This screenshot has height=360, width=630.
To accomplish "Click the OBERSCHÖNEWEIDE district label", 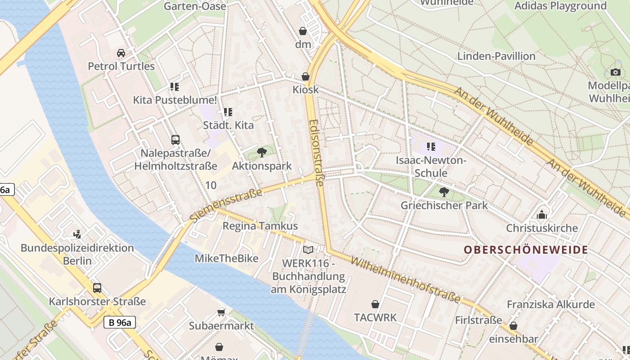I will tap(526, 250).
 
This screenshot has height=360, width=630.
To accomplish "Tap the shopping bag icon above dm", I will tap(303, 31).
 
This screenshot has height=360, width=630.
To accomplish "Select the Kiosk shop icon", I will tap(306, 76).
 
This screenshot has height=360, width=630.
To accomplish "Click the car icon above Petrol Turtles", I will tap(121, 53).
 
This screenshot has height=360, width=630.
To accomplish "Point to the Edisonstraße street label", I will tap(316, 153).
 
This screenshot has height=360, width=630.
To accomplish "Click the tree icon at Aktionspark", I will tap(261, 153).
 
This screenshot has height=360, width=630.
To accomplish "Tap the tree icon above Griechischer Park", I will tap(444, 192).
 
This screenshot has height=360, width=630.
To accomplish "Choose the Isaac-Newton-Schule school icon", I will tap(431, 147).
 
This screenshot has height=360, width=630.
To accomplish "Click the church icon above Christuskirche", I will tap(541, 215).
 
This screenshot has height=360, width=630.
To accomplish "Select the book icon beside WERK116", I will tap(308, 250).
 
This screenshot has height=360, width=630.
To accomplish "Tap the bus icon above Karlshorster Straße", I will tap(97, 288).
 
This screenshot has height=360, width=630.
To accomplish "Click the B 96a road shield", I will tap(119, 322).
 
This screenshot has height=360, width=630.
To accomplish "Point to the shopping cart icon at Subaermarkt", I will tap(221, 312).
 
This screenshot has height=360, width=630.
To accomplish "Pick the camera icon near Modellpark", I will tap(615, 72).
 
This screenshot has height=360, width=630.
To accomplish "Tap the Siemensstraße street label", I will tap(226, 205).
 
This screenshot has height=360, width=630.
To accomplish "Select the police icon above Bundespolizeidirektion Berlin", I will tap(77, 234).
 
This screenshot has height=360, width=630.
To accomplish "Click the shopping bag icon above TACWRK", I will tap(375, 304).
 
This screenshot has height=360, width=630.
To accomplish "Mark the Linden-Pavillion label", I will tap(496, 56).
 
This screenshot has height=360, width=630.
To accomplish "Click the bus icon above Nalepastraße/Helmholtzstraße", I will tap(175, 139).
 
